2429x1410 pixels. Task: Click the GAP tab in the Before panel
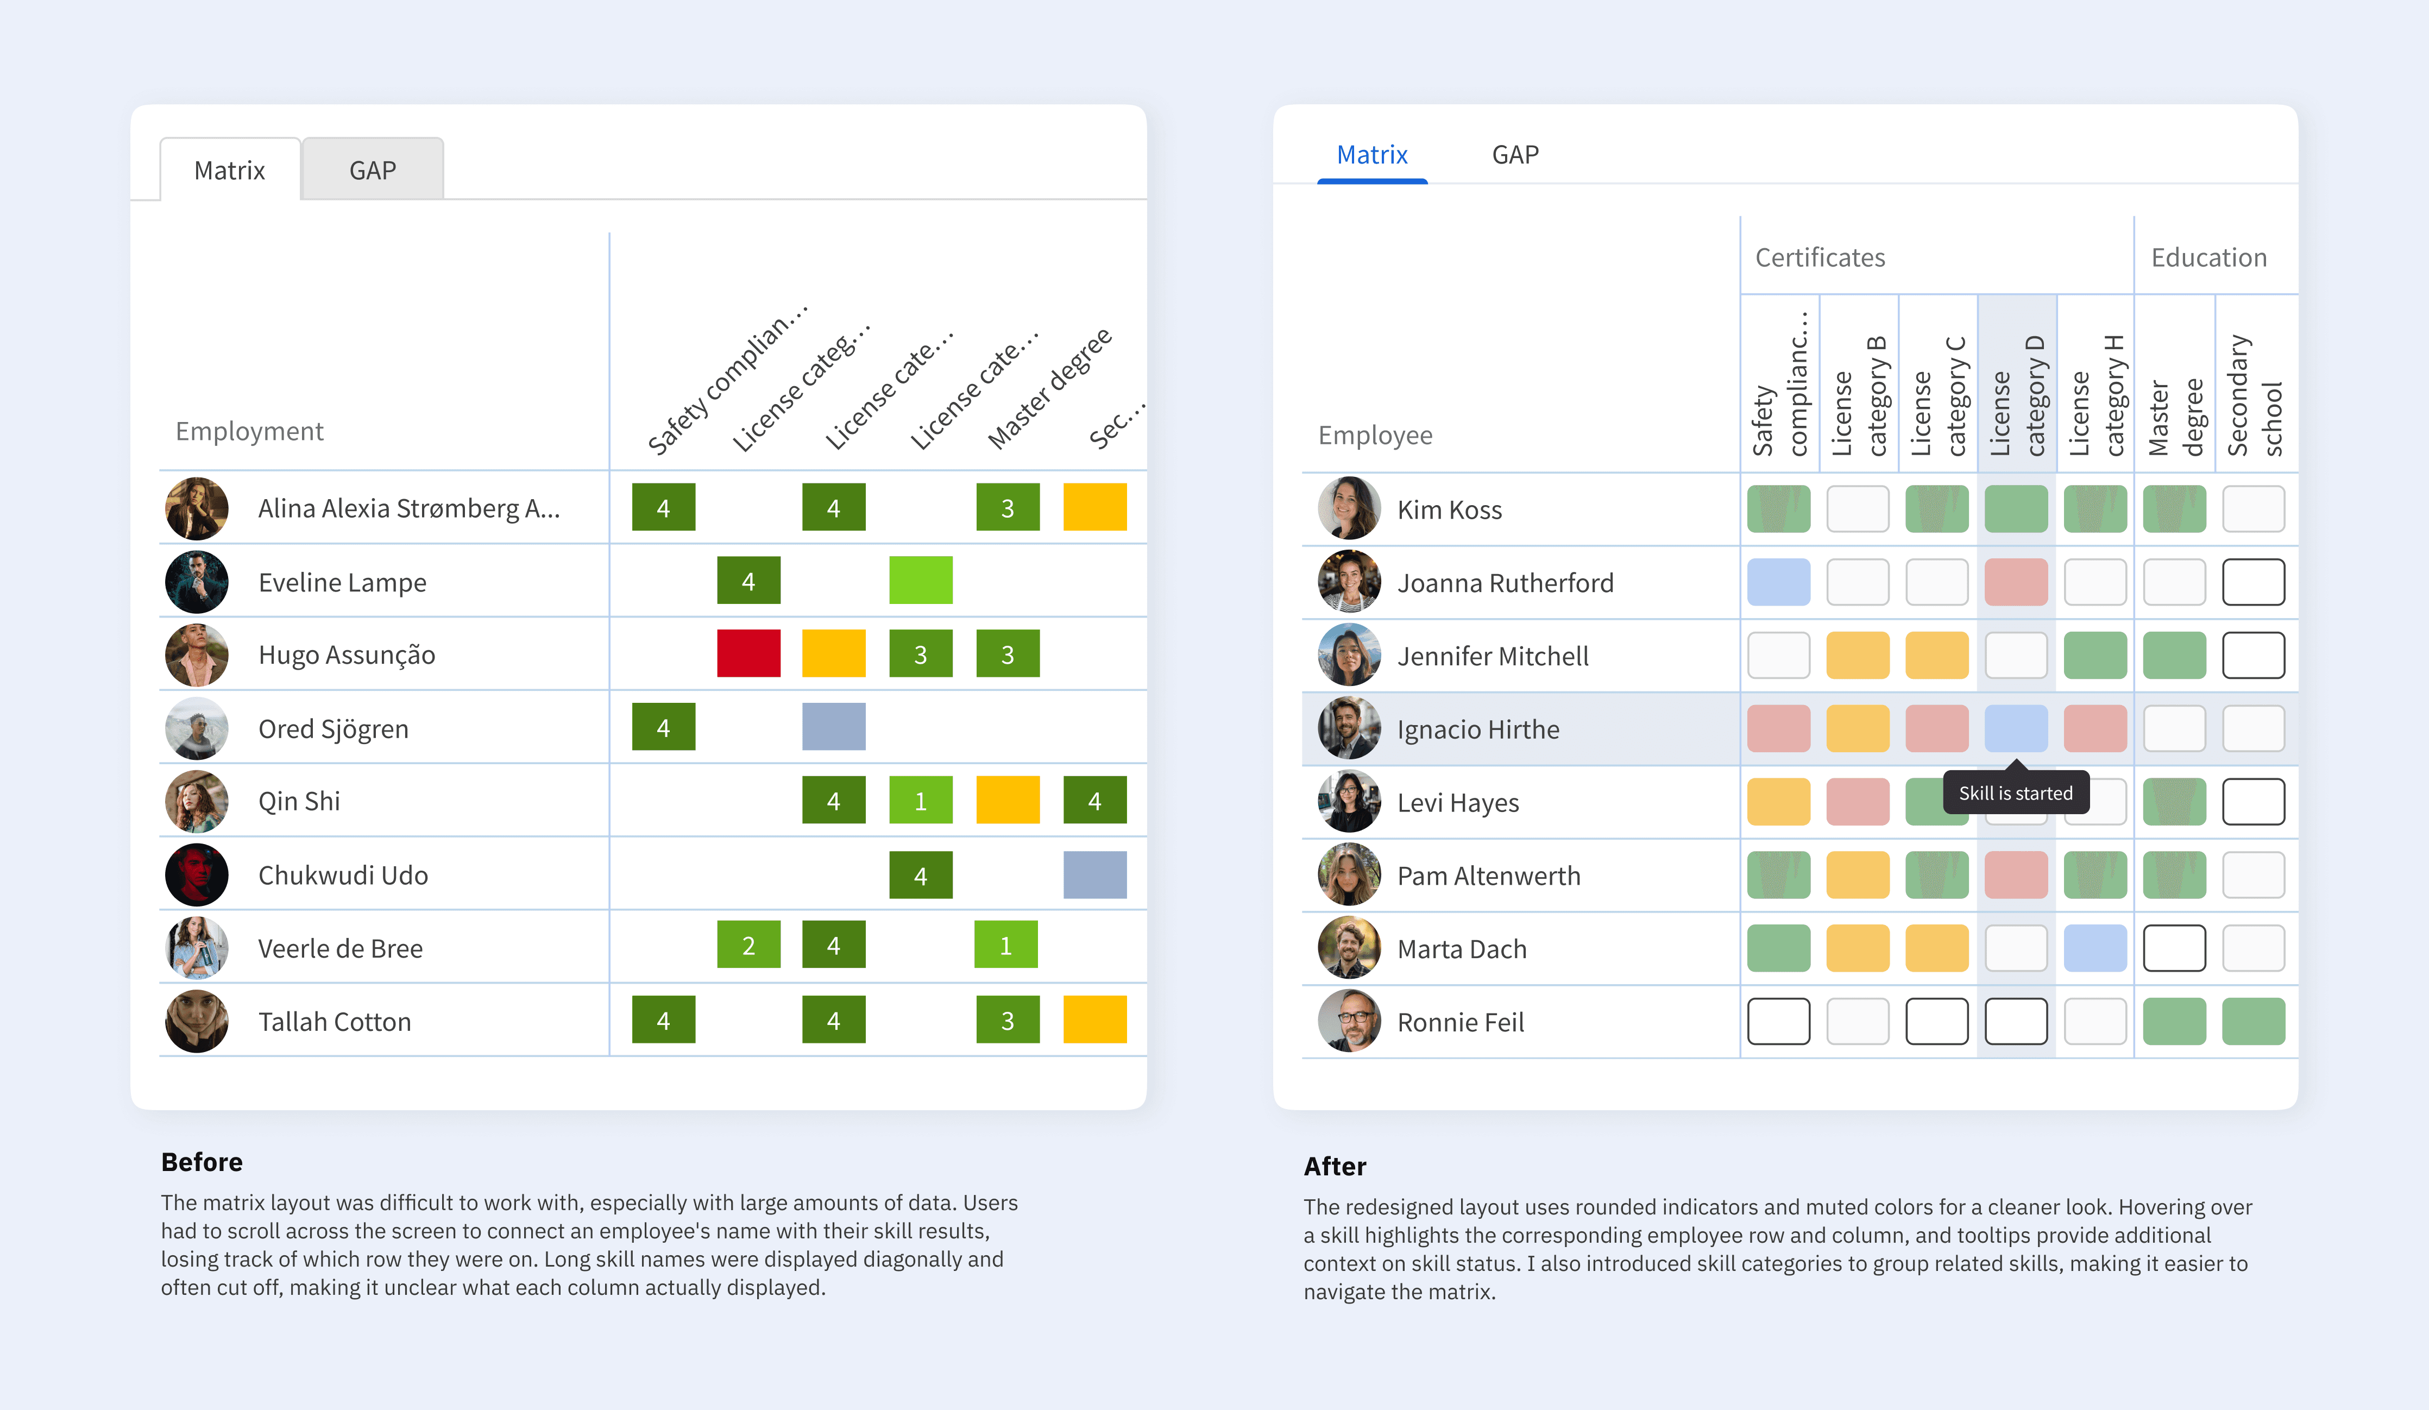(372, 171)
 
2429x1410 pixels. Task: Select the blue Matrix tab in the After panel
(1371, 155)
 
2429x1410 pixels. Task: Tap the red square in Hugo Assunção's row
(748, 653)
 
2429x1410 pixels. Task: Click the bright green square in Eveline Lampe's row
(921, 580)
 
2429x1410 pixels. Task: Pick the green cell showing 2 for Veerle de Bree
(748, 946)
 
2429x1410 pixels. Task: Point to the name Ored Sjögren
(333, 728)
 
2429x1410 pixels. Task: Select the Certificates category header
(1820, 257)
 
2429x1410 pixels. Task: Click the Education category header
(2208, 257)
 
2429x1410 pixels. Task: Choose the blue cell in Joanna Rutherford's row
(1778, 582)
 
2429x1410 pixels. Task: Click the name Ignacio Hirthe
(1477, 729)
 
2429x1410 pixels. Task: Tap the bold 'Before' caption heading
(202, 1162)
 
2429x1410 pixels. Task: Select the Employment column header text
(249, 431)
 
